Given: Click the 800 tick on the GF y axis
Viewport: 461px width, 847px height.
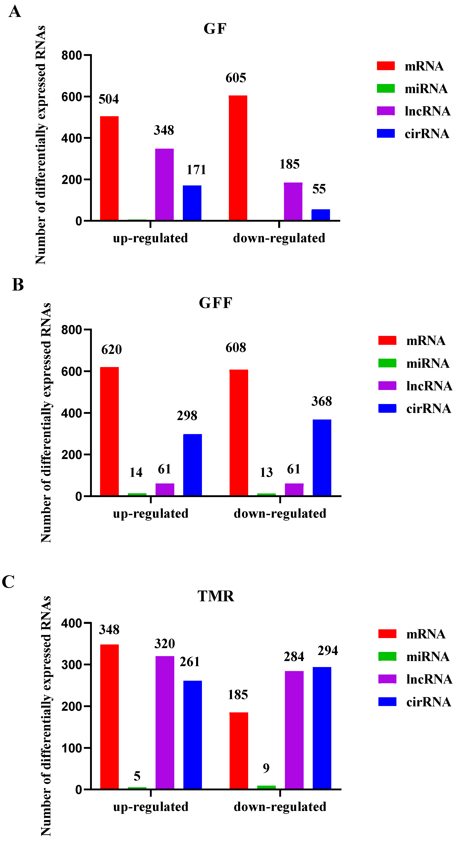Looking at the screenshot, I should point(71,55).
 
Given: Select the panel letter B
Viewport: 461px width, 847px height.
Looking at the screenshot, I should point(18,285).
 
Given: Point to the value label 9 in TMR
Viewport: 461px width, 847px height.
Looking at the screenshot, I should point(266,768).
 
